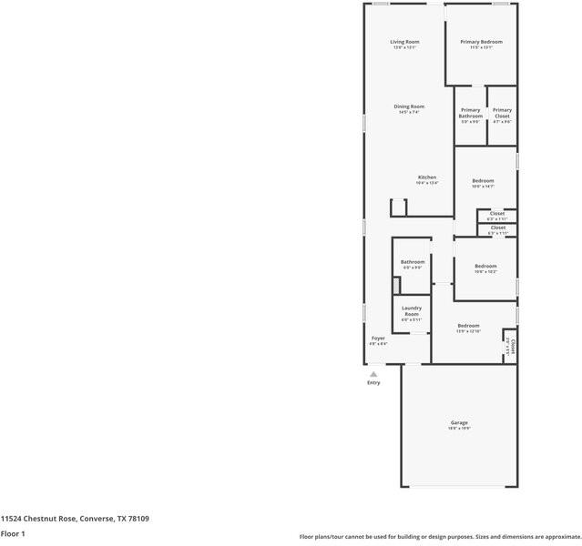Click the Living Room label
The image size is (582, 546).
pyautogui.click(x=404, y=42)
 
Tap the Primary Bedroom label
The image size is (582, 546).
pyautogui.click(x=481, y=42)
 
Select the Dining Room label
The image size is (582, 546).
pyautogui.click(x=409, y=106)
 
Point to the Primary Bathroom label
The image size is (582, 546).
pyautogui.click(x=470, y=113)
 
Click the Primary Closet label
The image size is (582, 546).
pyautogui.click(x=502, y=113)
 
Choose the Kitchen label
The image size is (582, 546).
pyautogui.click(x=427, y=177)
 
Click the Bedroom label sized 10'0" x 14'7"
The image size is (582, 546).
pyautogui.click(x=483, y=180)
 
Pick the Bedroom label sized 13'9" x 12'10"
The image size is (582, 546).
pyautogui.click(x=468, y=326)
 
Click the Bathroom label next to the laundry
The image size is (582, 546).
pyautogui.click(x=413, y=262)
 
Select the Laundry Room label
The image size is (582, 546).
pyautogui.click(x=412, y=310)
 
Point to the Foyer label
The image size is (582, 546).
pyautogui.click(x=378, y=339)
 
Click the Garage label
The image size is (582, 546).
pyautogui.click(x=459, y=422)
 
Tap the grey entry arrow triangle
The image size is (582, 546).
pyautogui.click(x=373, y=373)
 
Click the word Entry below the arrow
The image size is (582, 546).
pyautogui.click(x=373, y=382)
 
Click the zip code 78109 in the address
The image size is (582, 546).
pyautogui.click(x=138, y=519)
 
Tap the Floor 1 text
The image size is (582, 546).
pyautogui.click(x=13, y=533)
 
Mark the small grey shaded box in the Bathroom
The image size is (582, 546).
pyautogui.click(x=396, y=286)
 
